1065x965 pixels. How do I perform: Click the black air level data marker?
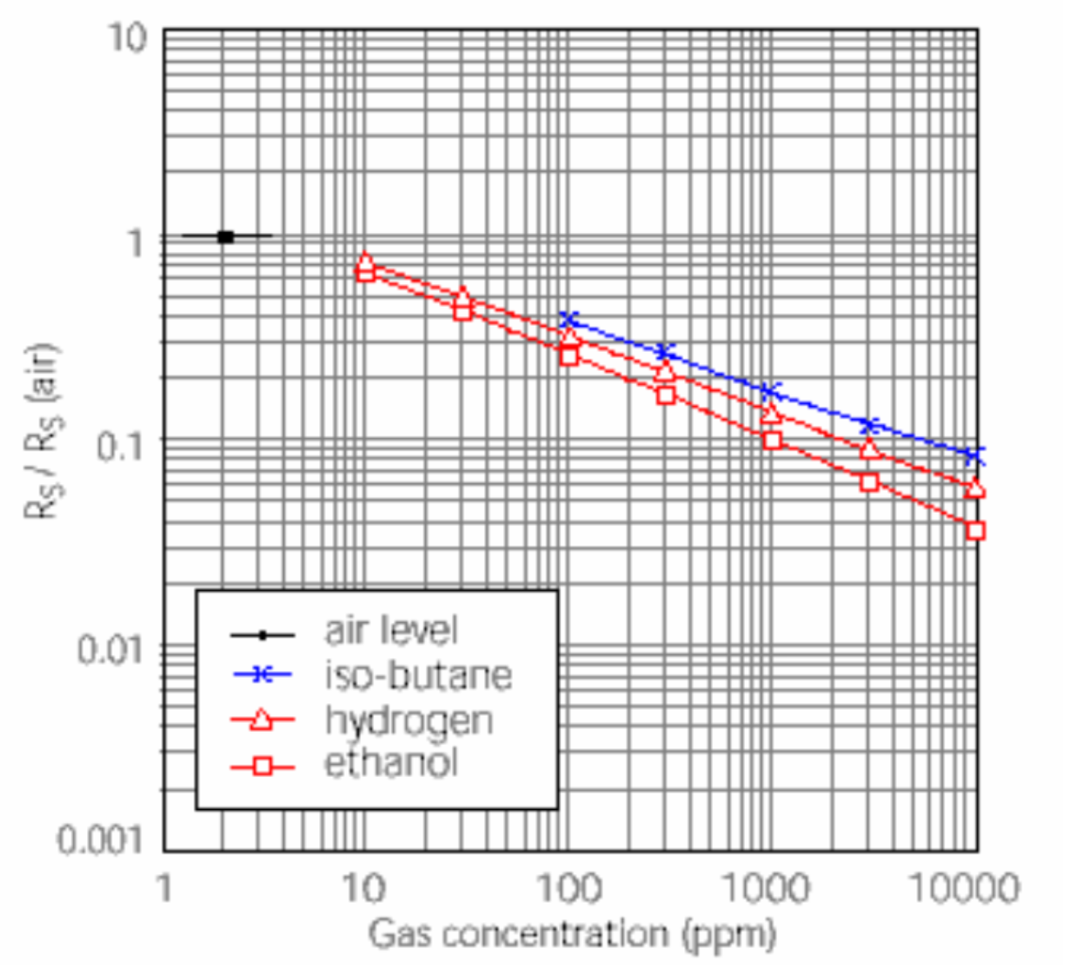coord(226,237)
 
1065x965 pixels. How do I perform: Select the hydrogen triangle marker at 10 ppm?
coord(365,262)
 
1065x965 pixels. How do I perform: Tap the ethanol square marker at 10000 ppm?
coord(975,531)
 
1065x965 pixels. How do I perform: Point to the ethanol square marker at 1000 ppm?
coord(771,440)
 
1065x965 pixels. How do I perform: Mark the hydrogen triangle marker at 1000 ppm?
coord(770,414)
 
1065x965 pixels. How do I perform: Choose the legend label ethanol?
coord(391,764)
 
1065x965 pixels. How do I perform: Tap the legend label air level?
coord(391,631)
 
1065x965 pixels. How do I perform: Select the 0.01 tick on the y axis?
coord(109,649)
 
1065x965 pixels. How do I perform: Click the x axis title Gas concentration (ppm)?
coord(572,935)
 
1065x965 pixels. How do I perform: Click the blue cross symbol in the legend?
coord(262,675)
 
